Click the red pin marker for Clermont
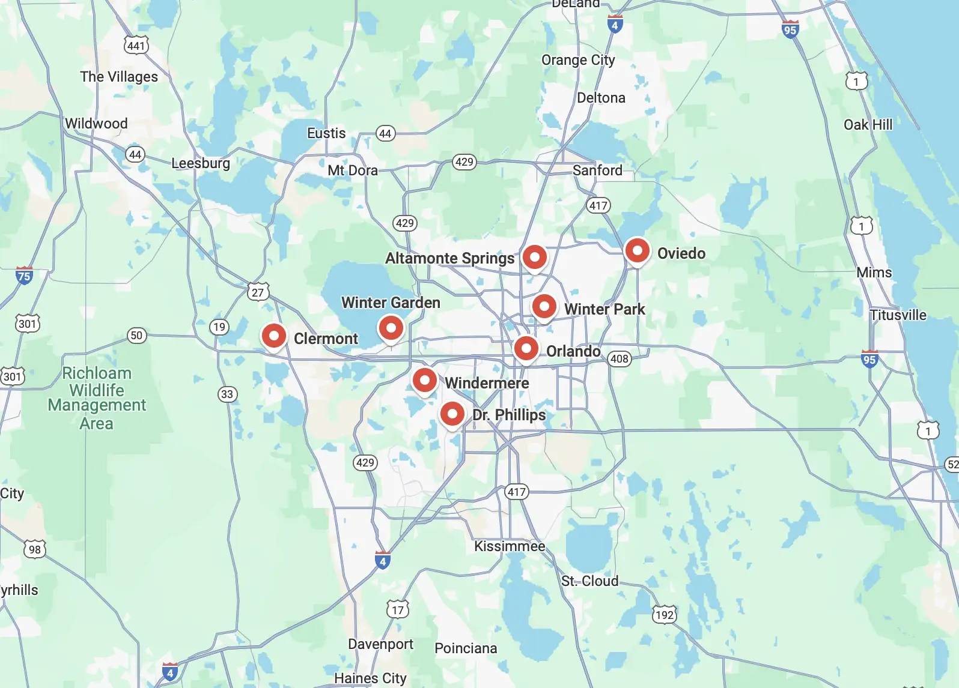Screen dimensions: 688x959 (273, 336)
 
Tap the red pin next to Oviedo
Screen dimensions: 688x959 (637, 250)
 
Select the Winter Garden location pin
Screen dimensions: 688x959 (391, 328)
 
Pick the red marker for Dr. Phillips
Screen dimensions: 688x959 (452, 414)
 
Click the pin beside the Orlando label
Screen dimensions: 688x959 (526, 348)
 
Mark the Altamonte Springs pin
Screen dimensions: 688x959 (534, 257)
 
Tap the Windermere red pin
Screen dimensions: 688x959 (424, 380)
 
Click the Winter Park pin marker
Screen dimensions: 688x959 (544, 307)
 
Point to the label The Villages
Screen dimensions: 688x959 (119, 77)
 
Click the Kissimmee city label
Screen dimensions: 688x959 (510, 546)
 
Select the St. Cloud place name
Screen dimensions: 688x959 (589, 581)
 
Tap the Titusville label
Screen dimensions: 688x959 (898, 315)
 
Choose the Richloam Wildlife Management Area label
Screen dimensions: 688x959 (97, 398)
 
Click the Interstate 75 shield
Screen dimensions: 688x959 (24, 276)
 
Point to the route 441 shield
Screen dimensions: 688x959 (136, 46)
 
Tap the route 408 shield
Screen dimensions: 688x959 (619, 359)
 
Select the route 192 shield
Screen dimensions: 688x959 (665, 615)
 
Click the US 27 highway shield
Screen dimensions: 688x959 (258, 292)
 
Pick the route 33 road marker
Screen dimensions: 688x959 (227, 394)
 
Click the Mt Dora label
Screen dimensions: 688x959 (353, 170)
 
